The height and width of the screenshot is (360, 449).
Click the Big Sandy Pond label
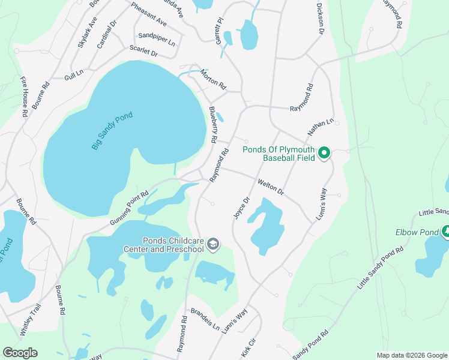click(112, 130)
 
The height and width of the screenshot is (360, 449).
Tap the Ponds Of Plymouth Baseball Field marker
click(324, 153)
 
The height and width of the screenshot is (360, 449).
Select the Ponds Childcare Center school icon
click(213, 244)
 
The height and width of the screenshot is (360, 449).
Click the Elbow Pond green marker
click(445, 231)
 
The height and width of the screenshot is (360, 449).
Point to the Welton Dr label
click(270, 186)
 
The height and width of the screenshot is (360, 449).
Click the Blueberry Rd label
click(213, 124)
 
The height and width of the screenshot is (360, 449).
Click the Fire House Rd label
click(24, 96)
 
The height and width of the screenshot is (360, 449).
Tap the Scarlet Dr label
click(143, 53)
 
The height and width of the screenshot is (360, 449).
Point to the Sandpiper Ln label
click(156, 40)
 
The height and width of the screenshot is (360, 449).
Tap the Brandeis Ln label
click(205, 319)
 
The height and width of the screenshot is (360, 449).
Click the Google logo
click(20, 353)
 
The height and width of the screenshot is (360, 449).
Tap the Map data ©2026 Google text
click(411, 355)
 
